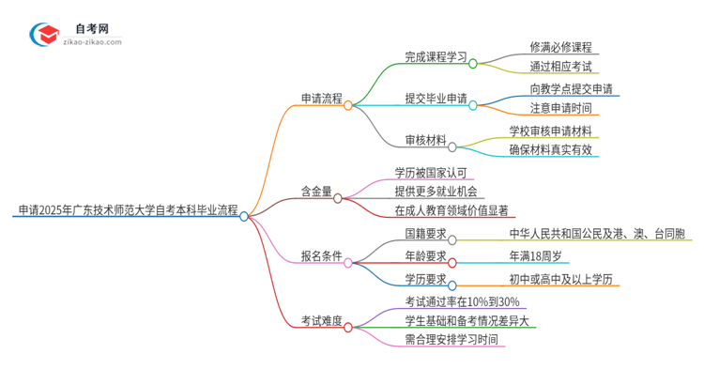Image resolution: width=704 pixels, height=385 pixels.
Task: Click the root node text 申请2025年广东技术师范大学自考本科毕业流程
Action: coord(127,210)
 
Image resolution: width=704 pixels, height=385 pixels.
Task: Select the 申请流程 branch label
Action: coord(320,98)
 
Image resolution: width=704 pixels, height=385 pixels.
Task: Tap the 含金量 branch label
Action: coord(315,192)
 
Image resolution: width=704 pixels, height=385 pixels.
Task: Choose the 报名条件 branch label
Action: coord(320,255)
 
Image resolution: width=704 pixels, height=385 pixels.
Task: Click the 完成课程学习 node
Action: coord(436,55)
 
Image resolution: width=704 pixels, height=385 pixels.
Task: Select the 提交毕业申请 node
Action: coord(436,98)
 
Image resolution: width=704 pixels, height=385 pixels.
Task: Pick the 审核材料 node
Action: coord(424,140)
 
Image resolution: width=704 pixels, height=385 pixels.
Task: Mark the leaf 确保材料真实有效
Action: coord(550,149)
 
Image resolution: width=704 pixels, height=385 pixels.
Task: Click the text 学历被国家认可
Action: coord(428,173)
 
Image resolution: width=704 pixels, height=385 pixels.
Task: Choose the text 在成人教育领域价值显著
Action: coord(450,209)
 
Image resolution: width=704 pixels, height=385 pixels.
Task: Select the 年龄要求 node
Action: coord(424,255)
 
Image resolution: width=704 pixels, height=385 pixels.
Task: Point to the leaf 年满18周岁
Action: coord(542,255)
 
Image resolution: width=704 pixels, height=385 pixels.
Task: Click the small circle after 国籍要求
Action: coord(452,238)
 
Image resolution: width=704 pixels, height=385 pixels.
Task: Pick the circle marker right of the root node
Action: coord(244,216)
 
